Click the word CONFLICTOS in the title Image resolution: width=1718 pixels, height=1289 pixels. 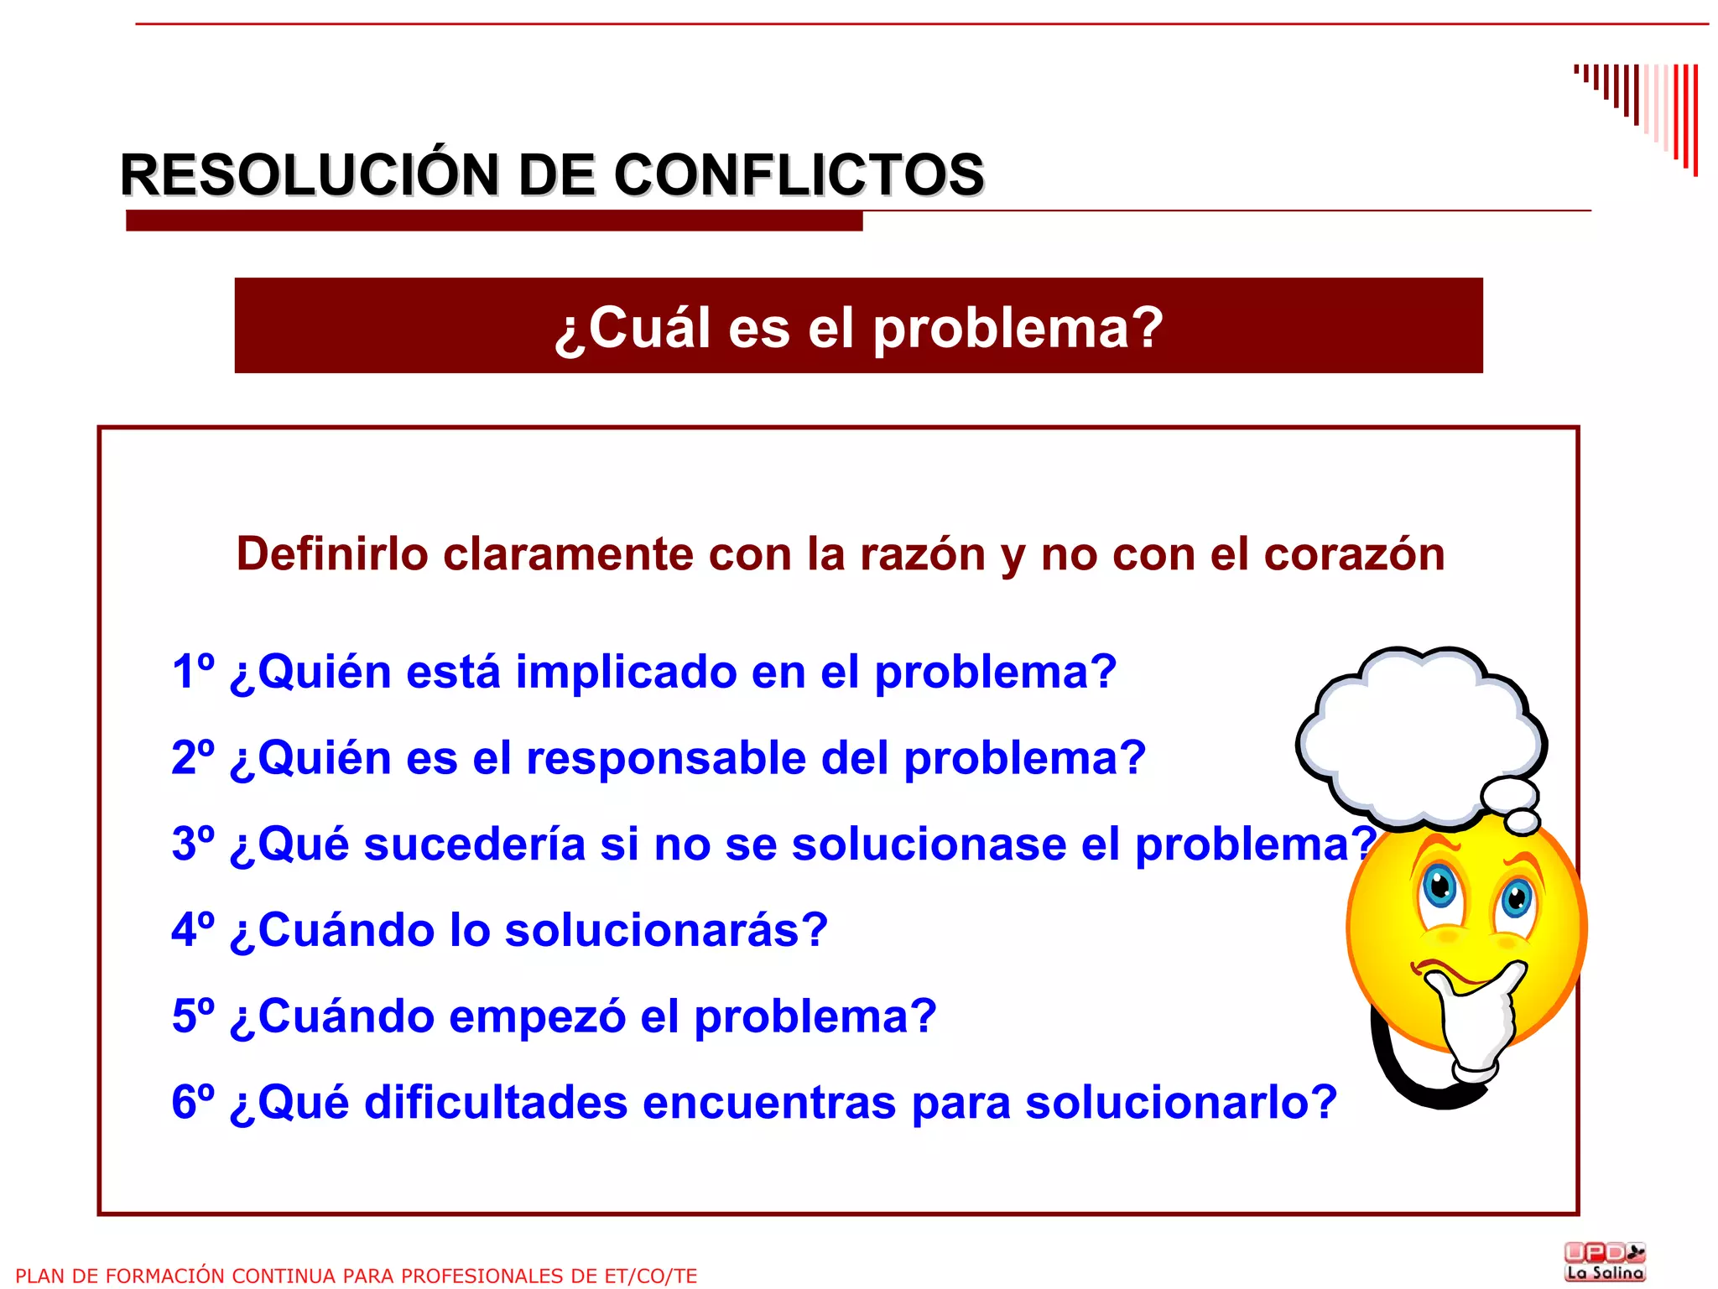799,175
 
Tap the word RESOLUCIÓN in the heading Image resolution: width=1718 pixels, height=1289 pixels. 310,175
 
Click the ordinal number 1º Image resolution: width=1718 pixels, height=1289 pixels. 193,672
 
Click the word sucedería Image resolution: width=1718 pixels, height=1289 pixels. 474,844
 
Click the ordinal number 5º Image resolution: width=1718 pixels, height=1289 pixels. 193,1016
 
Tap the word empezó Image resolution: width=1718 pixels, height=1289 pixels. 537,1016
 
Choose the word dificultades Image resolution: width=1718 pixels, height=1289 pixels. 496,1102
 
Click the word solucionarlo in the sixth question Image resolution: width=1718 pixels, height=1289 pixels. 1181,1102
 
